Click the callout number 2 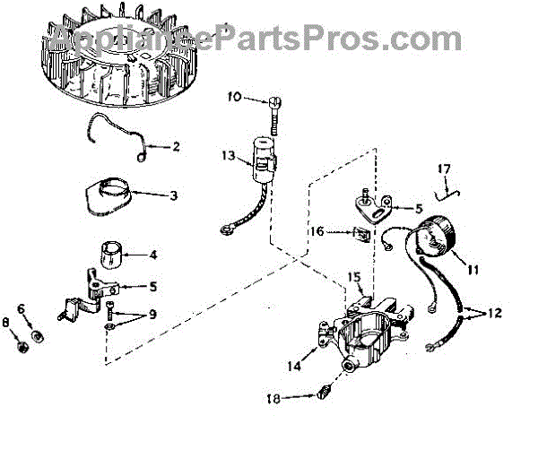[175, 146]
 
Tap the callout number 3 [175, 195]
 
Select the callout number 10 [234, 98]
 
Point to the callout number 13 [230, 157]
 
